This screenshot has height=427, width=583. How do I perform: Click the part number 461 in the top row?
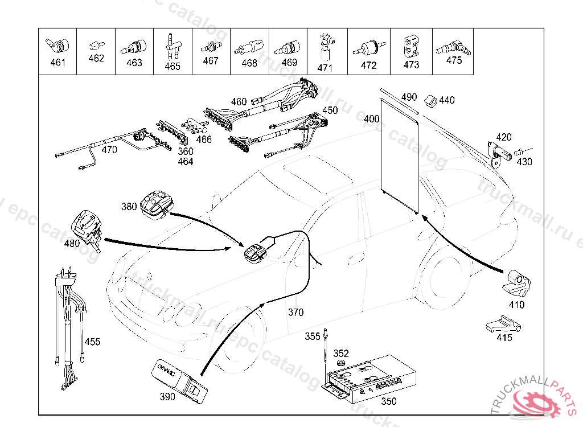coord(58,63)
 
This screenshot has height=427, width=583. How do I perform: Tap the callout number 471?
coord(325,68)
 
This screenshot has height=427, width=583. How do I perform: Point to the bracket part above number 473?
coord(411,46)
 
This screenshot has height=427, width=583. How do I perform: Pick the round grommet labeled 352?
coord(340,364)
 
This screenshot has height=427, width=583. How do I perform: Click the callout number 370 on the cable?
coord(295,312)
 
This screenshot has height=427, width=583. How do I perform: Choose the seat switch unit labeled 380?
coord(155,203)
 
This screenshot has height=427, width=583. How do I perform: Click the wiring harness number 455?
coord(92,342)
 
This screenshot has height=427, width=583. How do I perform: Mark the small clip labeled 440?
coord(430,102)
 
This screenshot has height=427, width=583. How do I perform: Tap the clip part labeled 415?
coord(503,325)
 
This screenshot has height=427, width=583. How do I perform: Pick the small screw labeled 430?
coord(519,152)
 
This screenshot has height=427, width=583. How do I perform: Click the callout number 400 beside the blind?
coord(371,119)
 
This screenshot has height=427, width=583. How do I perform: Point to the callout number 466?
coord(203,139)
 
